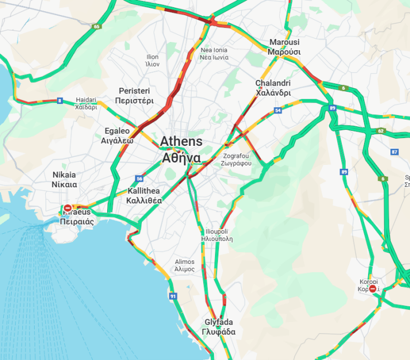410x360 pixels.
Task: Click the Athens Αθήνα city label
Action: coord(182,149)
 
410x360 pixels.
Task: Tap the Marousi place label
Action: coord(284,47)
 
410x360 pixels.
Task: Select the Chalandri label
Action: coord(273,88)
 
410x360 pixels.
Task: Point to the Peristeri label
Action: coord(134,96)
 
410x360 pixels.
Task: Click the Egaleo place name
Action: coord(117,136)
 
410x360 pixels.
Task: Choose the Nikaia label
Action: coord(64,179)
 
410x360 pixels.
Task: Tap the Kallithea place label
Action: coord(144,196)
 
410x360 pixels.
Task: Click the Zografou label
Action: coord(237,159)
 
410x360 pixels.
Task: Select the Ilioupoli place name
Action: coord(216,234)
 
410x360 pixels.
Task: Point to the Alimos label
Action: coord(184,265)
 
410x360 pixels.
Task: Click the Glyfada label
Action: coord(219,327)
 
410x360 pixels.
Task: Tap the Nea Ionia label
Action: coord(214,54)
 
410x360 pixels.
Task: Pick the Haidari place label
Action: coord(86,103)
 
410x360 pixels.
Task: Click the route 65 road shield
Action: coord(97,26)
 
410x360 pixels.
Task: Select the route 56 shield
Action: coord(139,179)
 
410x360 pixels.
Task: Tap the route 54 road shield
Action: coord(278,111)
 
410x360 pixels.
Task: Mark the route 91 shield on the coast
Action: coord(173,296)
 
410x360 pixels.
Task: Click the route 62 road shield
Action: coord(381,131)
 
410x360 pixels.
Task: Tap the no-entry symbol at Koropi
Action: coord(372,289)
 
